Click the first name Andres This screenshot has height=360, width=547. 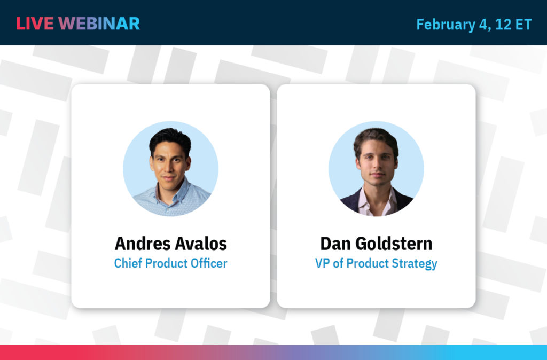click(141, 244)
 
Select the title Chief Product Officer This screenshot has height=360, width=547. click(170, 263)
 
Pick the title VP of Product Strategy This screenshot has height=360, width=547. click(376, 263)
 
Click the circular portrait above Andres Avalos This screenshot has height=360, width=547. click(170, 168)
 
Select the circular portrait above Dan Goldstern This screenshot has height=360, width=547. click(376, 168)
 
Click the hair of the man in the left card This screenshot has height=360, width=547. click(170, 138)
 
